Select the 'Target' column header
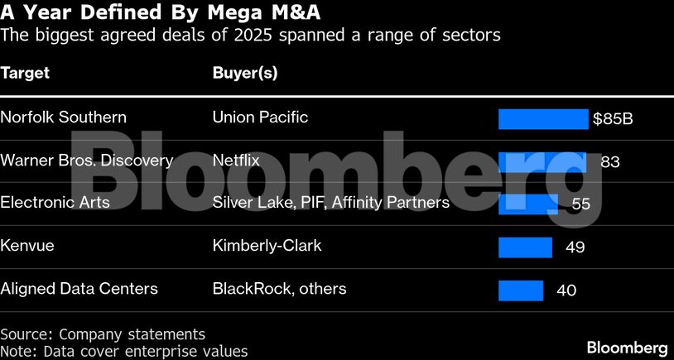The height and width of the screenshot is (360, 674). coord(25,73)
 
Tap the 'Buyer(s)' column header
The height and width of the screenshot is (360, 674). coord(244,73)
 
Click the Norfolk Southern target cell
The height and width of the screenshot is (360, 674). coord(63,118)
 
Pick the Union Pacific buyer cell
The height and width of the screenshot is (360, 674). coord(260,118)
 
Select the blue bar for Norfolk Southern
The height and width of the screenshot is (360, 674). coord(542,118)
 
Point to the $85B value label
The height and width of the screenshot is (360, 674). coord(613,118)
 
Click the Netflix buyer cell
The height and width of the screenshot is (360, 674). coord(236,161)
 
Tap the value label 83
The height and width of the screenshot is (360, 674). coord(609,161)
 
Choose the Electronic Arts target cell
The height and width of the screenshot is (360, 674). coord(55,203)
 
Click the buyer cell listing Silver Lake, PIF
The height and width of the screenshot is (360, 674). coord(330,203)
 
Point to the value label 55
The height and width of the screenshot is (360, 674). coord(581,204)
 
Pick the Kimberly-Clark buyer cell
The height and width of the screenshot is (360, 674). coord(267,246)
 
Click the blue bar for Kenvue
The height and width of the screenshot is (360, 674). coord(525,247)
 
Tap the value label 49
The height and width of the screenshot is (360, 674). coord(575,247)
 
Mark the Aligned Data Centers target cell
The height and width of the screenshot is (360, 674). coord(79,289)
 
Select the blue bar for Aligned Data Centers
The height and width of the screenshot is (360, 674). coord(520,290)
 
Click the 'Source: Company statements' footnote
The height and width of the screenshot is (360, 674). coord(102,334)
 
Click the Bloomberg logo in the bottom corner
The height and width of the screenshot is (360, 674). coord(627,347)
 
